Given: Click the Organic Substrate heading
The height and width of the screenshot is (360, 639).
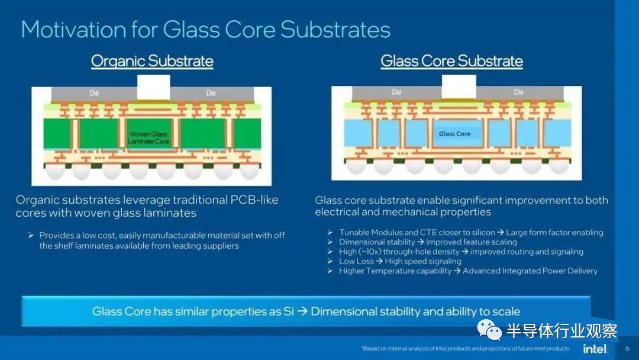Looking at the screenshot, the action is (152, 61).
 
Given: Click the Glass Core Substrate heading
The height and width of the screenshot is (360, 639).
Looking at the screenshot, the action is (451, 61).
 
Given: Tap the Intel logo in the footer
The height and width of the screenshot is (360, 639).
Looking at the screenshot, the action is (595, 349).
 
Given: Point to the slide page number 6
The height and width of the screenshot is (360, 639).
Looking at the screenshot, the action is (627, 349).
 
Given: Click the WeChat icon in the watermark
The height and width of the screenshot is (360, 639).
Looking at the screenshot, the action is (489, 330).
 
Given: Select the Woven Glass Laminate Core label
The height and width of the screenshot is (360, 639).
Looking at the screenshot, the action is (149, 138).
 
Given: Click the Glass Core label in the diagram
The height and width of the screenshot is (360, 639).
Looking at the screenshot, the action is (454, 134).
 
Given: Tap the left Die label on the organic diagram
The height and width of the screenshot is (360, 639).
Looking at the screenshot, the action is (94, 93).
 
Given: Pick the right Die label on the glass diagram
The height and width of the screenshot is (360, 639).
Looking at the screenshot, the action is (518, 92).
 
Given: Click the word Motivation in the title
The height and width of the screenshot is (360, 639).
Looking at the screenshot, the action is (74, 30).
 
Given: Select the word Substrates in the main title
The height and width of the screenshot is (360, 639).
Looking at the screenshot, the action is (335, 30).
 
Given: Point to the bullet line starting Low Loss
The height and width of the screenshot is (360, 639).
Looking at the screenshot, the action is (400, 261).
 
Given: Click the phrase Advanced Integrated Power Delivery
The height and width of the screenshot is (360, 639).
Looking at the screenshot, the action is (530, 271).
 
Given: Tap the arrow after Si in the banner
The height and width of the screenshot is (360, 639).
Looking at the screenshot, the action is (302, 311).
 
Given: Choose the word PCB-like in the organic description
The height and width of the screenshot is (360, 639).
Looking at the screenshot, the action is (254, 200).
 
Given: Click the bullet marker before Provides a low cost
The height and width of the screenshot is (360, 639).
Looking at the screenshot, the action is (31, 235).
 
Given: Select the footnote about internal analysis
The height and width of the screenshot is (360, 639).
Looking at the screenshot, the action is (465, 349).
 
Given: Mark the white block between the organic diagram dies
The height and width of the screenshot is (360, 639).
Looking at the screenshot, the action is (154, 87).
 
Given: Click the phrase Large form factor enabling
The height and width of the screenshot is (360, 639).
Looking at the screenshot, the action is (554, 232).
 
